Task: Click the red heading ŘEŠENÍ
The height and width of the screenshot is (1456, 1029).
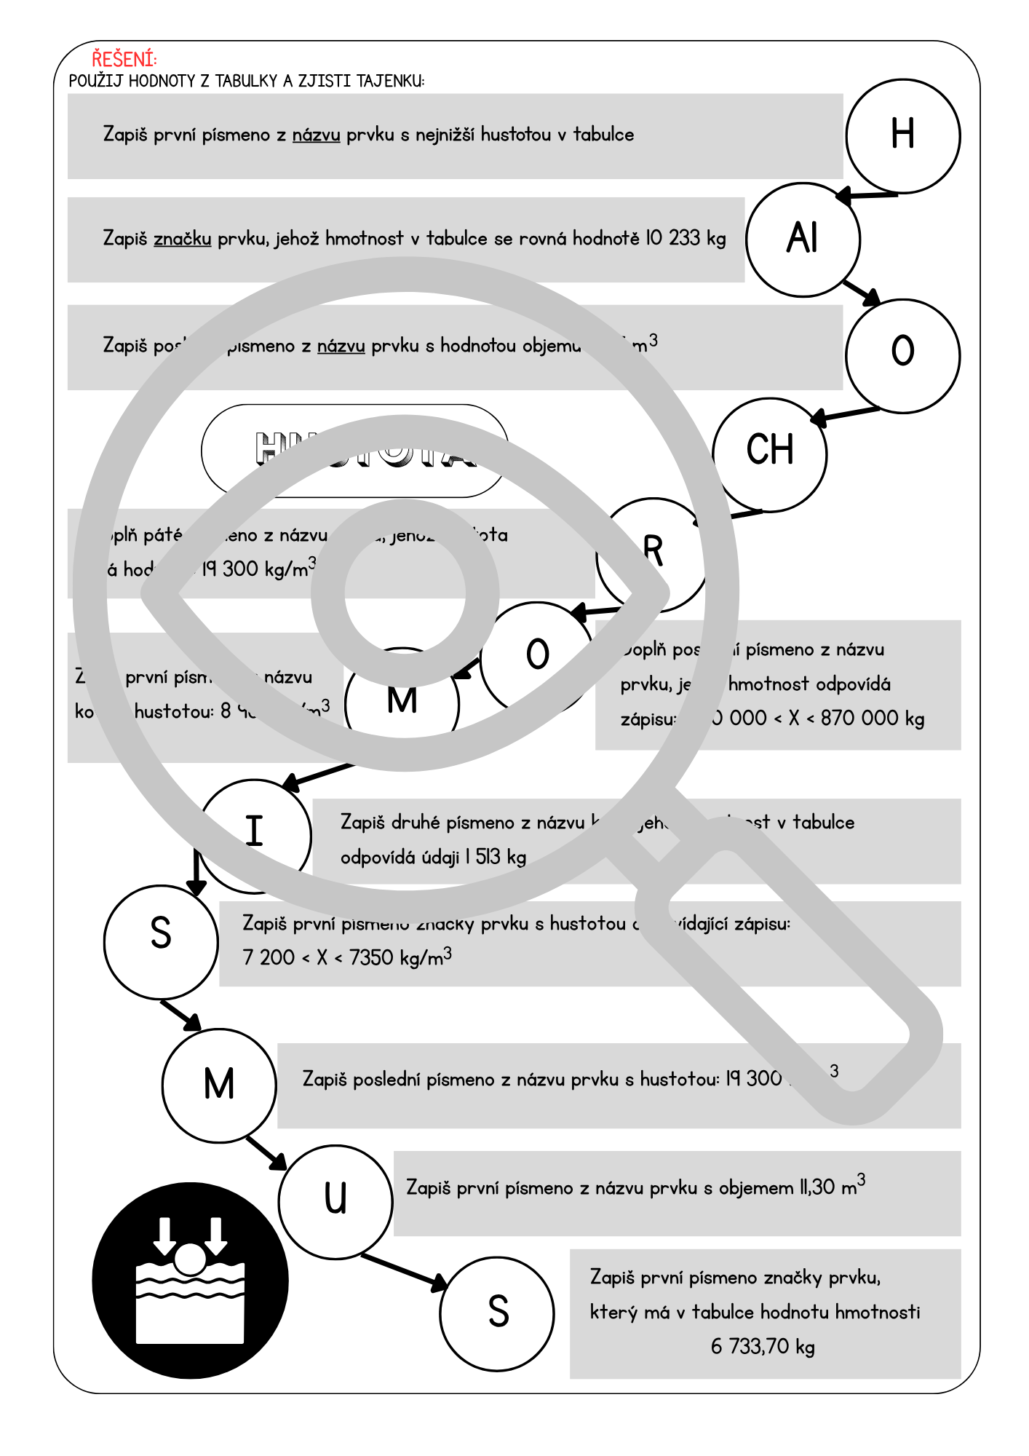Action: click(124, 59)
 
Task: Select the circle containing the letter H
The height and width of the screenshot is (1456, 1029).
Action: click(902, 136)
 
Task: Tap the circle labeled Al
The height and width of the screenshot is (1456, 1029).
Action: click(803, 239)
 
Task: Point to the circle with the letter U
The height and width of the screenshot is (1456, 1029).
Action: click(335, 1201)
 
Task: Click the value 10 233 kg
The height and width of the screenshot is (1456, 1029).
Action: click(686, 238)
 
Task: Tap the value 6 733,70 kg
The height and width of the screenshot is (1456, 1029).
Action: click(762, 1346)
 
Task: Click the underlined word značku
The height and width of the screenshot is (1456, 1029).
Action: click(182, 238)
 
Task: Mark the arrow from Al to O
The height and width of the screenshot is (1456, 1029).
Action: click(862, 292)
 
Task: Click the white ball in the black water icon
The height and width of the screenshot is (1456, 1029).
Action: click(191, 1259)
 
